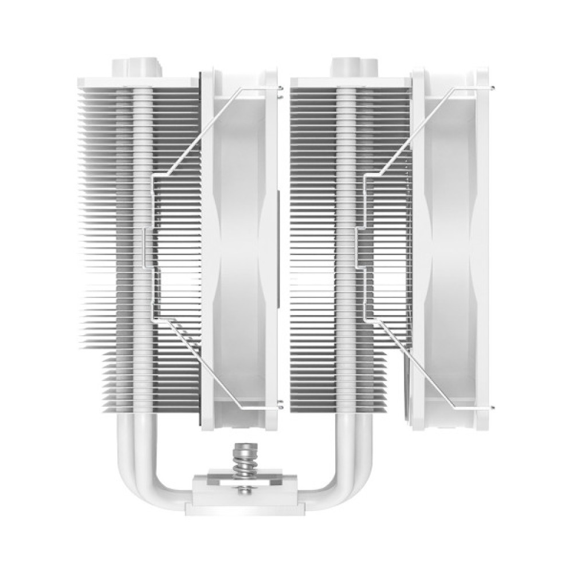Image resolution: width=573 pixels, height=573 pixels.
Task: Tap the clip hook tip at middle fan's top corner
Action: (281, 87)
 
